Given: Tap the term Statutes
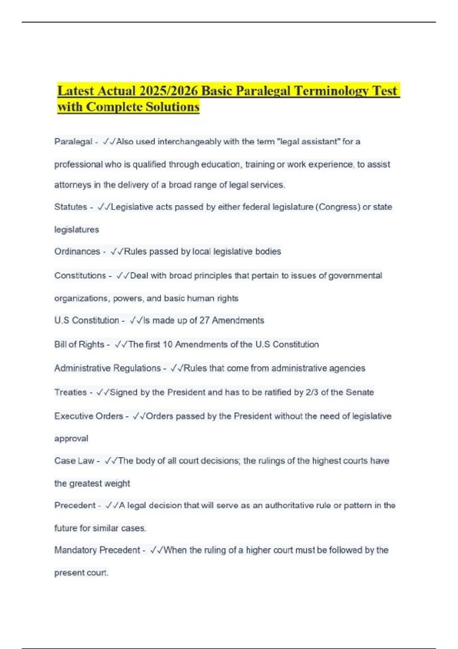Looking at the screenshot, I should pos(71,207).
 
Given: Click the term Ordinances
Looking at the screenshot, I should pos(77,252).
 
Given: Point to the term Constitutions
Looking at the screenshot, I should pos(80,276).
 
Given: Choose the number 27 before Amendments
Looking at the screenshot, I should pos(205,320).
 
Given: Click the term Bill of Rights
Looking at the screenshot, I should pos(79,344).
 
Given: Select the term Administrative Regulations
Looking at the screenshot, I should pos(108,368).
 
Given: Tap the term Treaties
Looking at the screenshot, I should pos(71,392).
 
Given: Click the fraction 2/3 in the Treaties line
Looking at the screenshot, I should pos(312,392).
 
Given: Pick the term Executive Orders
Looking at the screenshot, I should pos(89,416).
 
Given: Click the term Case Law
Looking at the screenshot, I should pos(74,461).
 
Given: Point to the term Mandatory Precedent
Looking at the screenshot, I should pos(97,550).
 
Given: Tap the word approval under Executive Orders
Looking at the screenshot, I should pos(71,439).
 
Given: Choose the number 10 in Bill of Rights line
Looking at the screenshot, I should pos(168,344).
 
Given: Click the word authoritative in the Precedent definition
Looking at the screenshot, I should pos(297,505).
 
